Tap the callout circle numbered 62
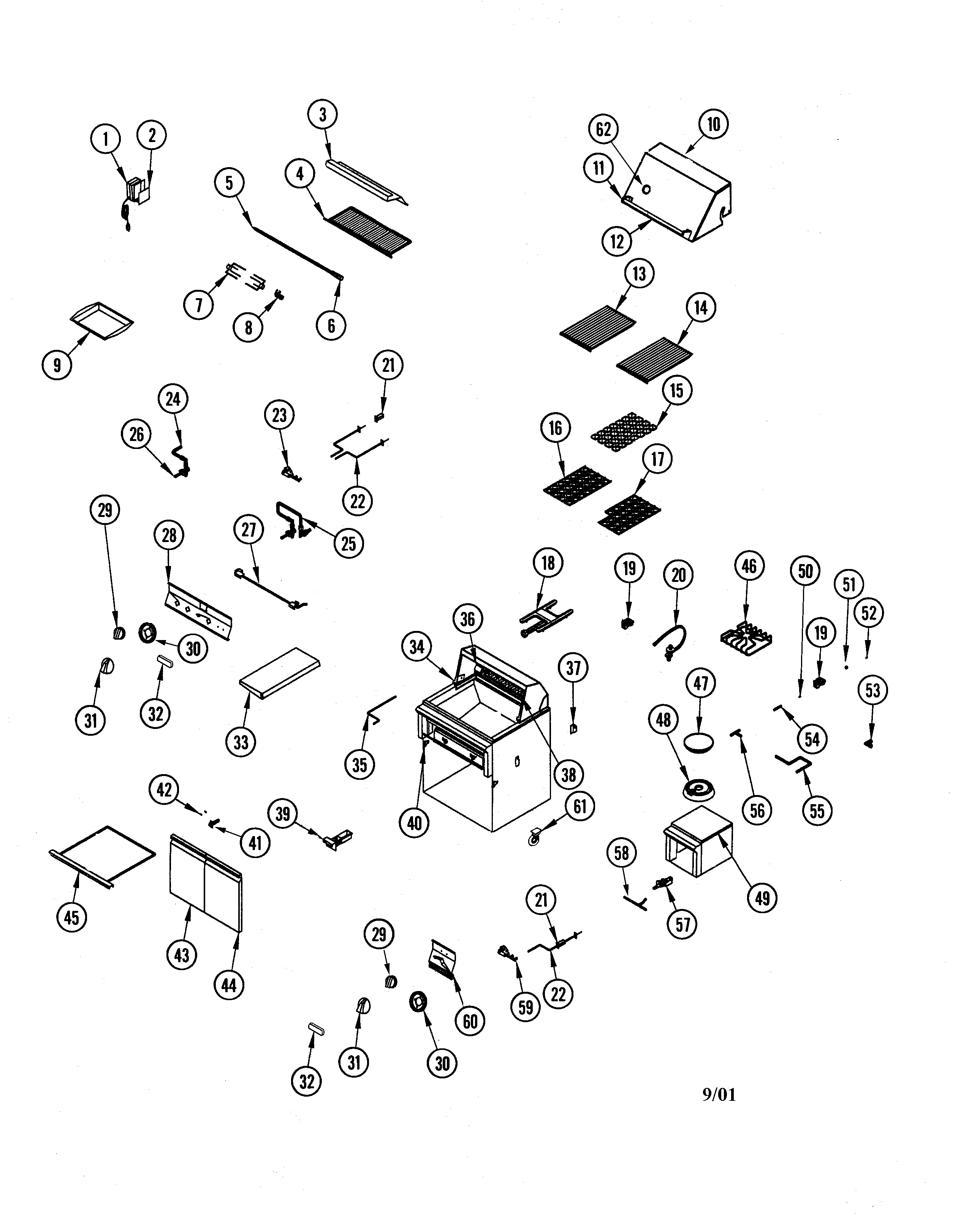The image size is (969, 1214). (603, 130)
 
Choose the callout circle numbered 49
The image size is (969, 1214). (762, 898)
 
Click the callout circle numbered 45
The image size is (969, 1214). (71, 917)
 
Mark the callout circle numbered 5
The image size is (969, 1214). (229, 183)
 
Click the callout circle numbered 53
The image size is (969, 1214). (872, 690)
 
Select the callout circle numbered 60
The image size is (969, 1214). (470, 1021)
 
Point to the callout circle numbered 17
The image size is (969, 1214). (657, 460)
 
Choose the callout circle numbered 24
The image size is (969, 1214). (173, 399)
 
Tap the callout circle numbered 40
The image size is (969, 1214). (414, 823)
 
